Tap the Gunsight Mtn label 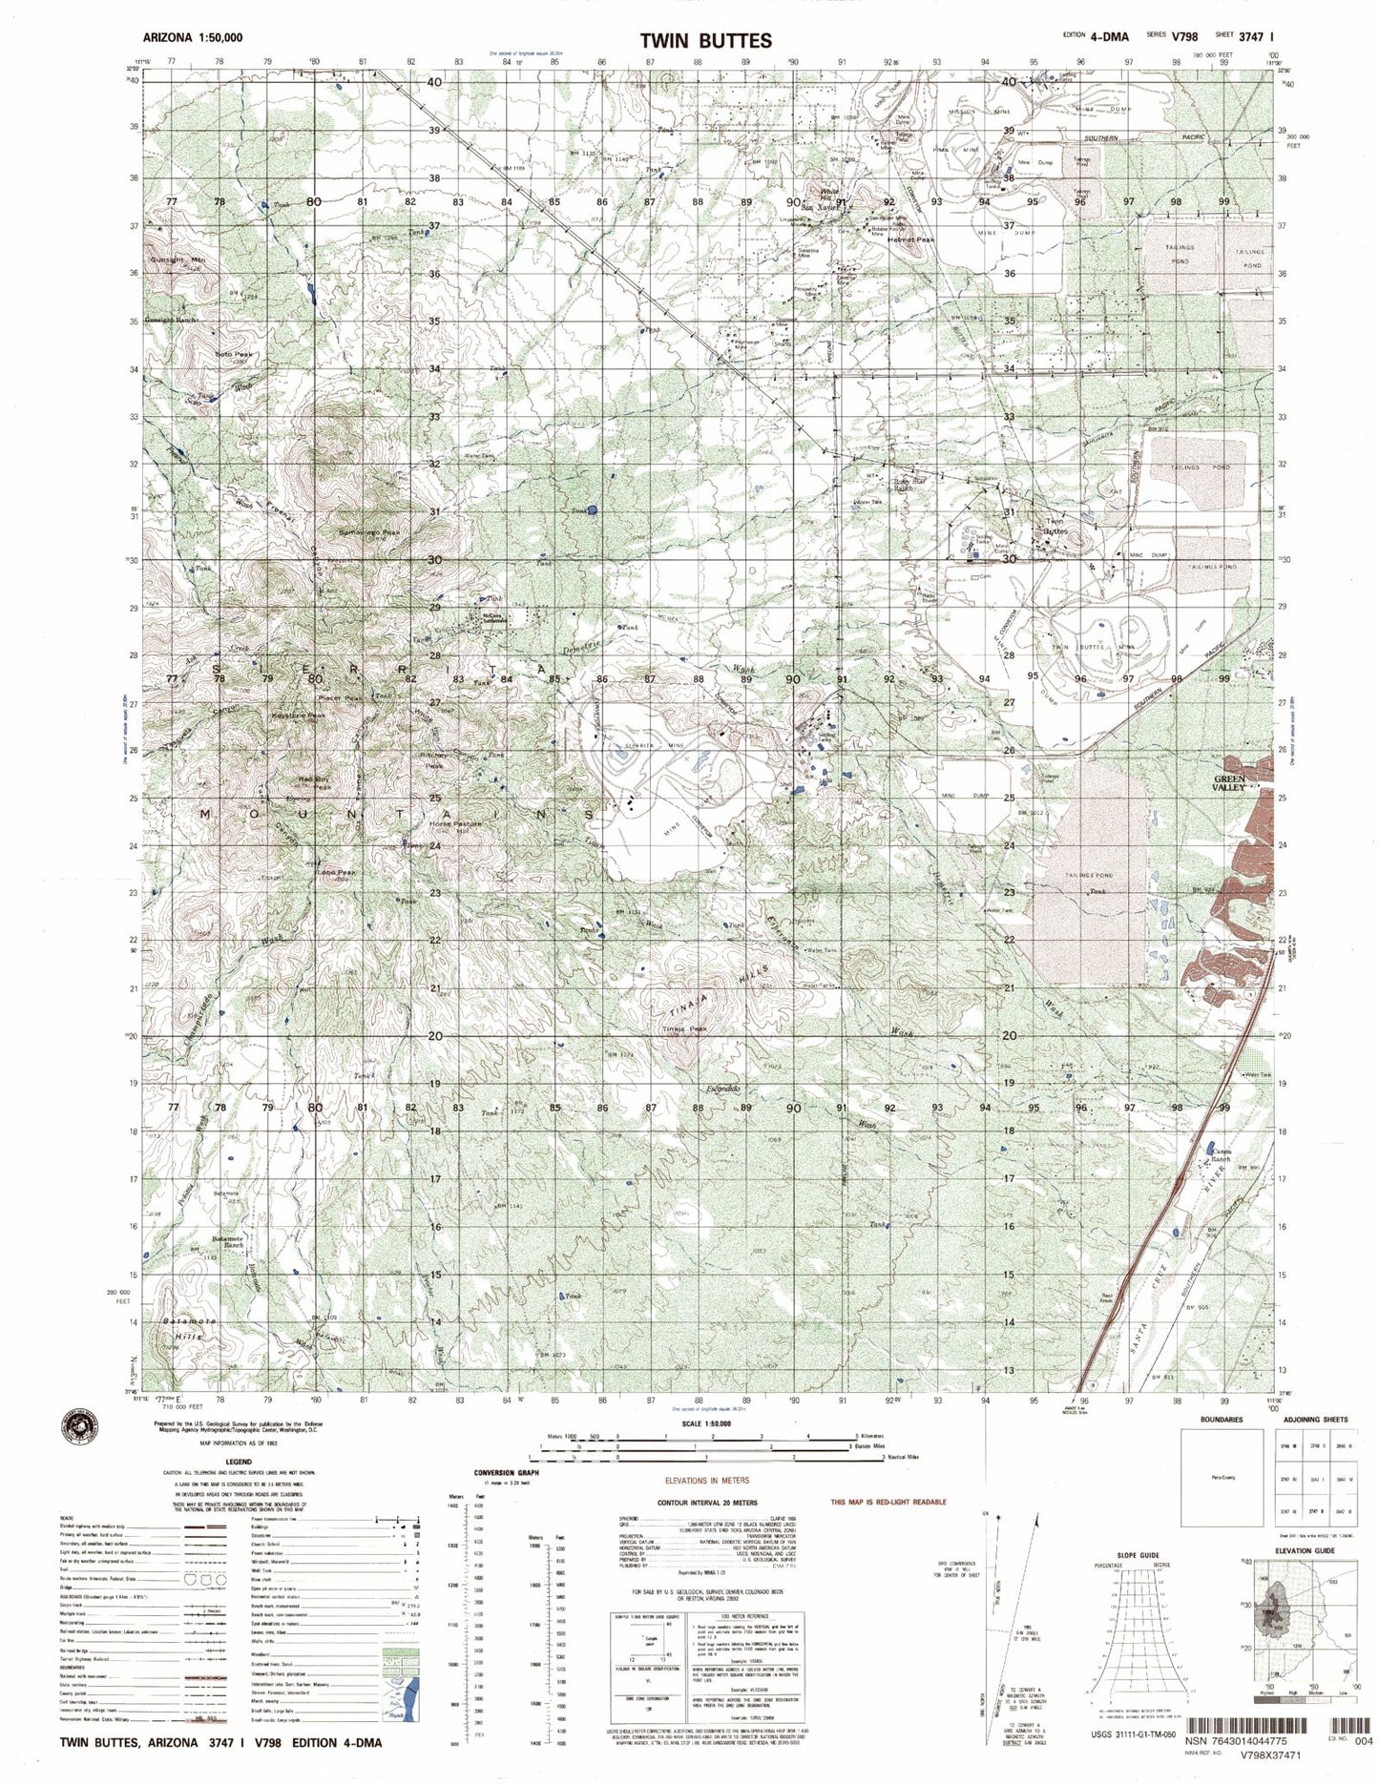tap(177, 259)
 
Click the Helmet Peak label tap(909, 240)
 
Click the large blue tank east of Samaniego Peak tap(592, 510)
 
